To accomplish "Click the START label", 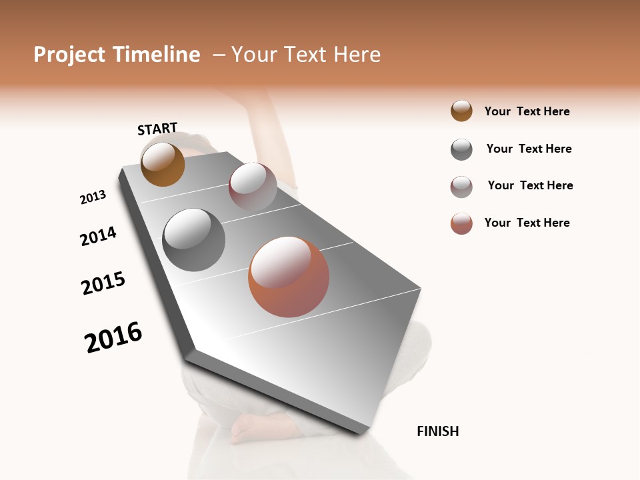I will tap(157, 129).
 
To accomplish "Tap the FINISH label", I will tap(438, 431).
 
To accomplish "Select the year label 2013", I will tap(93, 197).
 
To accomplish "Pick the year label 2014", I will tap(99, 236).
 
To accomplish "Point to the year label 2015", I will tap(103, 283).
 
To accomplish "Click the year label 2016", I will tap(113, 337).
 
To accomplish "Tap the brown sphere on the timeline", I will tap(163, 164).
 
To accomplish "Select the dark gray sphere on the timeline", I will tap(194, 240).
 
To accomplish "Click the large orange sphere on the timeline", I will tap(289, 277).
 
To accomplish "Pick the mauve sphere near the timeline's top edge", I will tap(253, 187).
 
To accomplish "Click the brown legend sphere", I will tap(461, 111).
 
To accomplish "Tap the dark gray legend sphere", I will tap(461, 149).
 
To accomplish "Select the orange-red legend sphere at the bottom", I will tap(461, 223).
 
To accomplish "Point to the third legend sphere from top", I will tap(461, 187).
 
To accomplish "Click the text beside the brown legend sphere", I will tap(527, 111).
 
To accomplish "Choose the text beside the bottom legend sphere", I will tap(527, 223).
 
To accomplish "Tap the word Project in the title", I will tap(70, 55).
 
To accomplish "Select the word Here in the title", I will tap(357, 55).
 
